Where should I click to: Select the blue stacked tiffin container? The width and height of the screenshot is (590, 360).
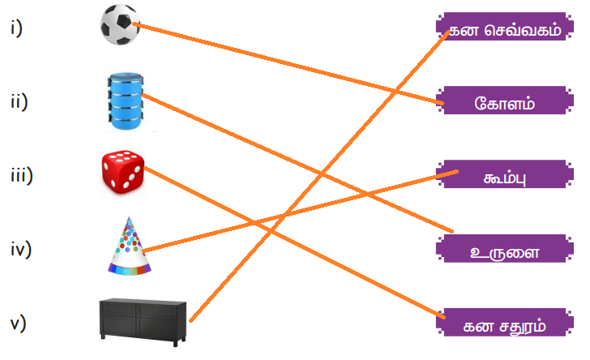point(127,101)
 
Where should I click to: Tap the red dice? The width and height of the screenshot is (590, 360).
point(122,171)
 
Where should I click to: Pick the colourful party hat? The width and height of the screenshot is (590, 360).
point(130,246)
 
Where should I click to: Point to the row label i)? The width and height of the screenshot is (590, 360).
point(17,29)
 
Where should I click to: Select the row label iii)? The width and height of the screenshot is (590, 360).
point(21,174)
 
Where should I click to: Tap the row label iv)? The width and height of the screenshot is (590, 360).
point(21,248)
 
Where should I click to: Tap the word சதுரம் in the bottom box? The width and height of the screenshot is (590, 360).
point(515,324)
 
